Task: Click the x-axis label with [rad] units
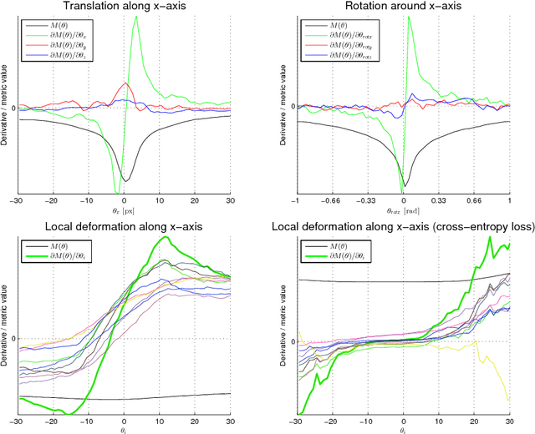(x=403, y=212)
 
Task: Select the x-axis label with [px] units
(x=124, y=212)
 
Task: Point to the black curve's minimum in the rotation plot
(x=404, y=186)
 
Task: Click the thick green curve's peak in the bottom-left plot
(x=168, y=238)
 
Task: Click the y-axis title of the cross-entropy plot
(x=284, y=325)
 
